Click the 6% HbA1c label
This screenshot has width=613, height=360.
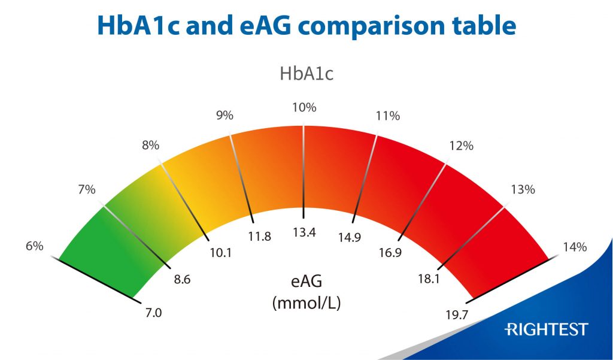pyautogui.click(x=34, y=246)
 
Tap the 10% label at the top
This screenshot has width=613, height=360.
pyautogui.click(x=304, y=108)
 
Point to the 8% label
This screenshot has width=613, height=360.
pyautogui.click(x=150, y=145)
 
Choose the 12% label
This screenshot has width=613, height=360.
pyautogui.click(x=462, y=146)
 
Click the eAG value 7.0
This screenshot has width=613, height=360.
pyautogui.click(x=154, y=312)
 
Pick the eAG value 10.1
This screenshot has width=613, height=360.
pyautogui.click(x=221, y=253)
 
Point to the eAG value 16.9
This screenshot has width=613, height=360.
pyautogui.click(x=390, y=253)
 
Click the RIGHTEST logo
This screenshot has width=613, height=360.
pyautogui.click(x=547, y=329)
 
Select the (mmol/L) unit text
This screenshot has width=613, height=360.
pyautogui.click(x=306, y=303)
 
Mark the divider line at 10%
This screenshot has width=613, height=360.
pyautogui.click(x=304, y=171)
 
